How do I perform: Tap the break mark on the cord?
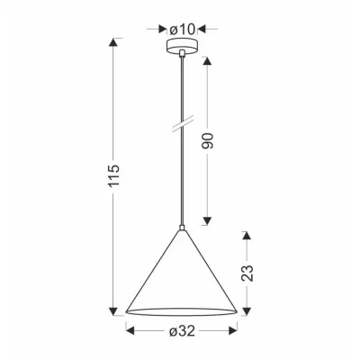pyautogui.click(x=183, y=122)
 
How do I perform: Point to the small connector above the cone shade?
pyautogui.click(x=183, y=226)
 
